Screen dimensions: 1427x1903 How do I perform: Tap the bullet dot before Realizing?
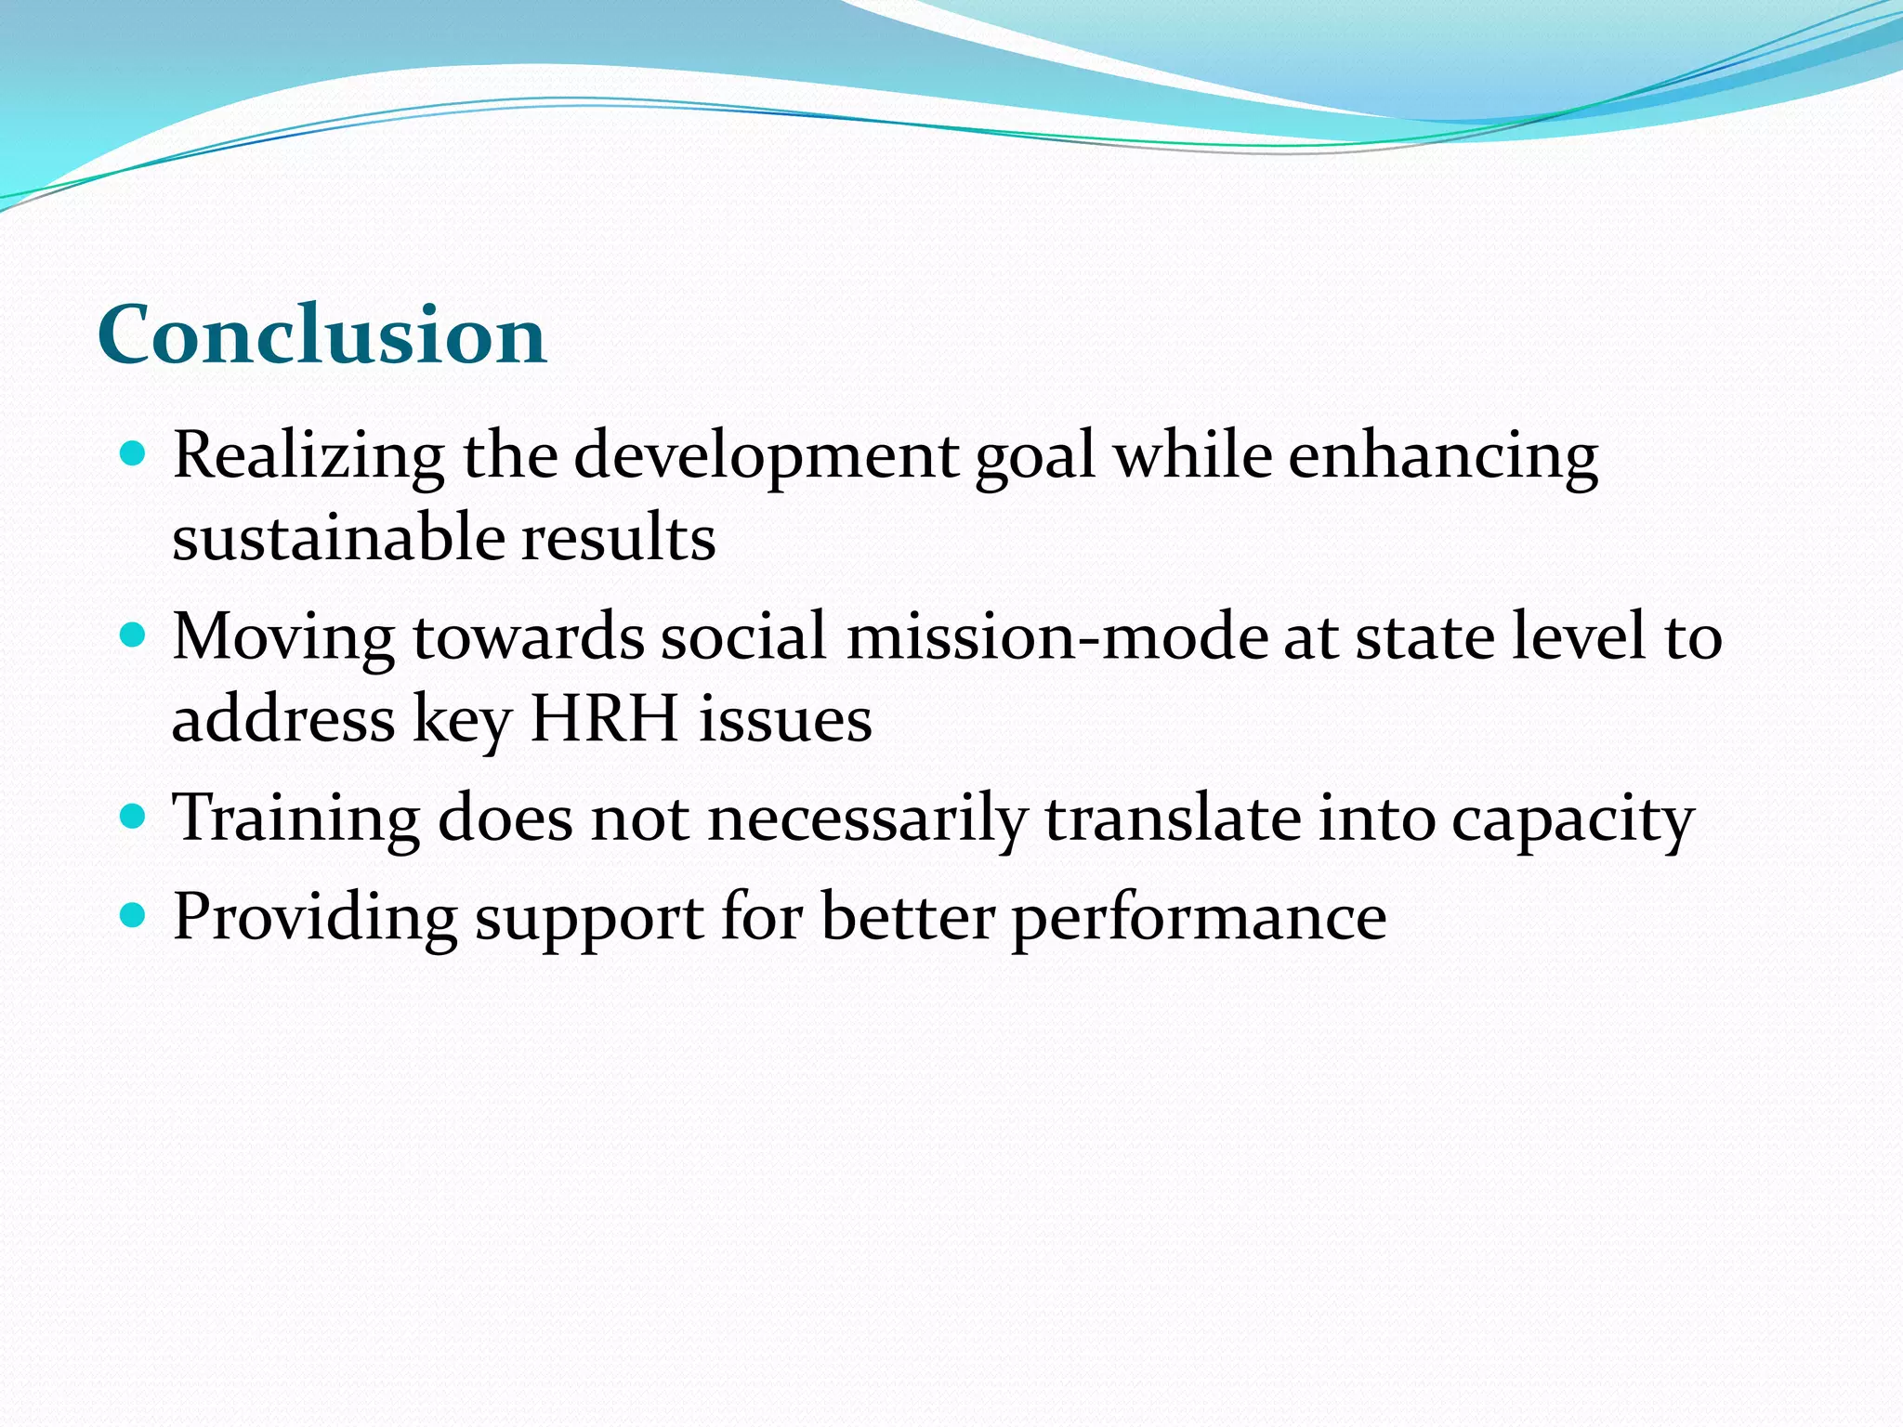point(134,453)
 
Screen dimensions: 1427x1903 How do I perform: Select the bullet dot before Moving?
point(134,635)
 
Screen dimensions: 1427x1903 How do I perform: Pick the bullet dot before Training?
point(134,817)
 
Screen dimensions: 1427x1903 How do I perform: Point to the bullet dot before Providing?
point(134,916)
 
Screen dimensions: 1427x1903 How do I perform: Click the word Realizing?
point(308,457)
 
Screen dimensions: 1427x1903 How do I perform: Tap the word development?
point(767,457)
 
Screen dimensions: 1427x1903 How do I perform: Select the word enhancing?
point(1442,457)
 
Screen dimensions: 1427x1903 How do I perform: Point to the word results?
point(618,539)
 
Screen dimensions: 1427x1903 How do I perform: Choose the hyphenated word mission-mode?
point(1056,637)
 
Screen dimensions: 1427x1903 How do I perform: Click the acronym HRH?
point(604,720)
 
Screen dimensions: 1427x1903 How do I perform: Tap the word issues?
point(785,720)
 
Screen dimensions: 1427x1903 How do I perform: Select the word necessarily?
point(867,819)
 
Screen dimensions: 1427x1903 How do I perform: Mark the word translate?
point(1173,819)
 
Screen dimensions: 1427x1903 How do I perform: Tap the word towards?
point(529,637)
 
